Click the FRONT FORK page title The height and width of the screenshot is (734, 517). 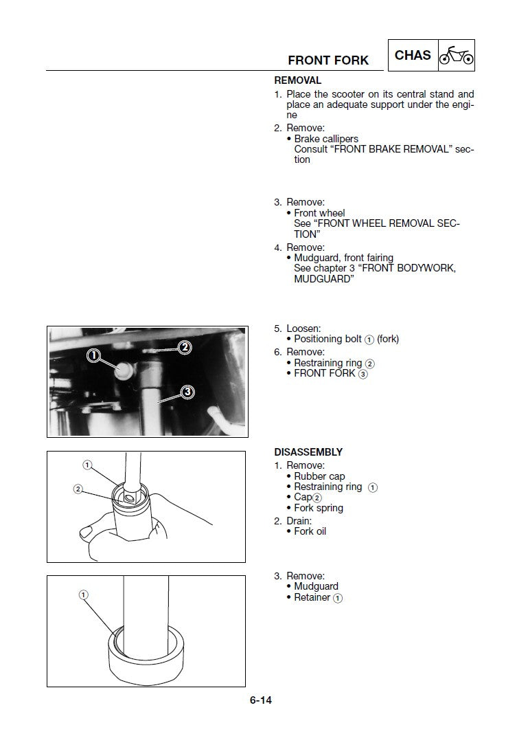(x=328, y=60)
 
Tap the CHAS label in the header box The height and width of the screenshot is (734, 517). (x=413, y=55)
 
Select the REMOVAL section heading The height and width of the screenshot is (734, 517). (x=297, y=80)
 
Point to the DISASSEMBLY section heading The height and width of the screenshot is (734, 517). (x=308, y=452)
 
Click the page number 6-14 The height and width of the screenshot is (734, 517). (x=261, y=700)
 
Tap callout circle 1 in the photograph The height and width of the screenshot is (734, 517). (x=94, y=355)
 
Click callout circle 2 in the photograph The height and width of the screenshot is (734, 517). (x=184, y=347)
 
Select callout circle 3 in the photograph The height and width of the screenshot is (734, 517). (x=187, y=392)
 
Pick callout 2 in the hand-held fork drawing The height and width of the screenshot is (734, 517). (x=78, y=489)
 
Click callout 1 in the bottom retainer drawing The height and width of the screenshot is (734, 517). (x=84, y=594)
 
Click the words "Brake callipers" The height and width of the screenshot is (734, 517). (x=326, y=139)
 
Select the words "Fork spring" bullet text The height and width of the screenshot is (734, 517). (x=319, y=508)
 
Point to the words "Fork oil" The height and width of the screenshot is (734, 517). (x=310, y=531)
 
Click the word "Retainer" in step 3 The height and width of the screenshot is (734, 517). (x=312, y=597)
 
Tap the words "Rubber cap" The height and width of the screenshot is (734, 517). (x=319, y=476)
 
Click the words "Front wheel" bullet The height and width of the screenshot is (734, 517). (x=319, y=213)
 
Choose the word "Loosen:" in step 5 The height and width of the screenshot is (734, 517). (x=303, y=329)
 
